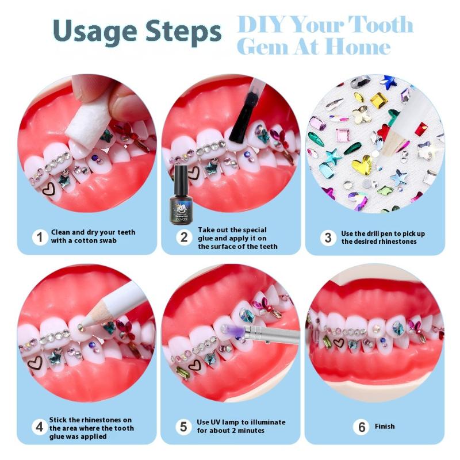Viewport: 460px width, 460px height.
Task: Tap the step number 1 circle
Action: (40, 237)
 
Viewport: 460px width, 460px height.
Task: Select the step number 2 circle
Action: (184, 237)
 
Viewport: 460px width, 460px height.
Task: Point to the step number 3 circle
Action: (328, 237)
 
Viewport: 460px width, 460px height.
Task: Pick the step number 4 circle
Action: (40, 427)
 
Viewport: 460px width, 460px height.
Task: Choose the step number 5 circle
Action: (183, 427)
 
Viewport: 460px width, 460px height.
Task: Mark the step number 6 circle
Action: (362, 427)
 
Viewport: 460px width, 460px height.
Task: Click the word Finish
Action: (385, 426)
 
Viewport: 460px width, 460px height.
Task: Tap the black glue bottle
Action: (179, 194)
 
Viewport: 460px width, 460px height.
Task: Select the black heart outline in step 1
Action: (48, 190)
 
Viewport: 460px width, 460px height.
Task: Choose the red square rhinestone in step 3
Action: (420, 129)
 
